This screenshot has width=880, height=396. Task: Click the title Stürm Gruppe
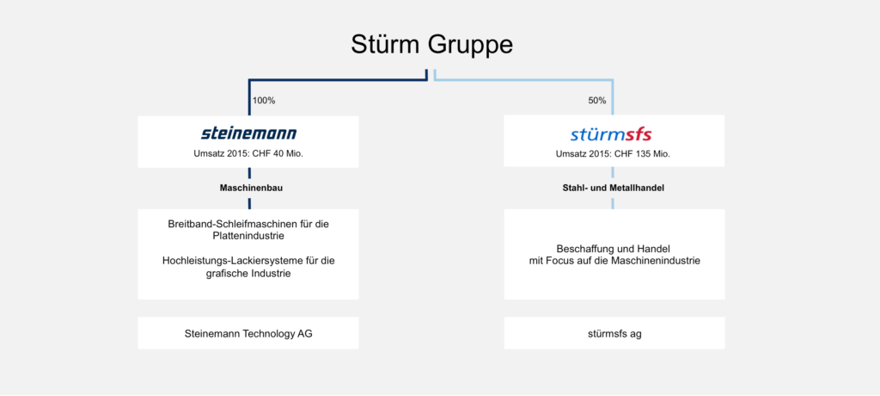pyautogui.click(x=431, y=45)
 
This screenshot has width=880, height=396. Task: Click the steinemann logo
pyautogui.click(x=248, y=133)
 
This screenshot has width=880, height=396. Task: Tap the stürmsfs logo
pyautogui.click(x=611, y=134)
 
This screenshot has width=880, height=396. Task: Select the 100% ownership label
pyautogui.click(x=264, y=101)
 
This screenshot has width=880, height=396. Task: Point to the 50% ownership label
pyautogui.click(x=596, y=101)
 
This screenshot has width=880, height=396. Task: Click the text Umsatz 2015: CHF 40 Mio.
pyautogui.click(x=248, y=153)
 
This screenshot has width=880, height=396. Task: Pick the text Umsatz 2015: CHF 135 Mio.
pyautogui.click(x=613, y=153)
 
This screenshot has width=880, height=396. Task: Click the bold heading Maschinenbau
pyautogui.click(x=251, y=189)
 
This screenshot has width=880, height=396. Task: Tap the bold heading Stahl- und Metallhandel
pyautogui.click(x=613, y=189)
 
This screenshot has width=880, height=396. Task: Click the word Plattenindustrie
pyautogui.click(x=248, y=236)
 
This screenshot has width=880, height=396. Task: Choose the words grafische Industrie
pyautogui.click(x=247, y=275)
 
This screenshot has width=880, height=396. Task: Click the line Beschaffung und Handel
pyautogui.click(x=614, y=249)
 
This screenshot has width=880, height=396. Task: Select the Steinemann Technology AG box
pyautogui.click(x=248, y=333)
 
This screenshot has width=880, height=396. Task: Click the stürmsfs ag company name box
pyautogui.click(x=614, y=333)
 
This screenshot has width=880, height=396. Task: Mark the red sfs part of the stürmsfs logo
pyautogui.click(x=639, y=134)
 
